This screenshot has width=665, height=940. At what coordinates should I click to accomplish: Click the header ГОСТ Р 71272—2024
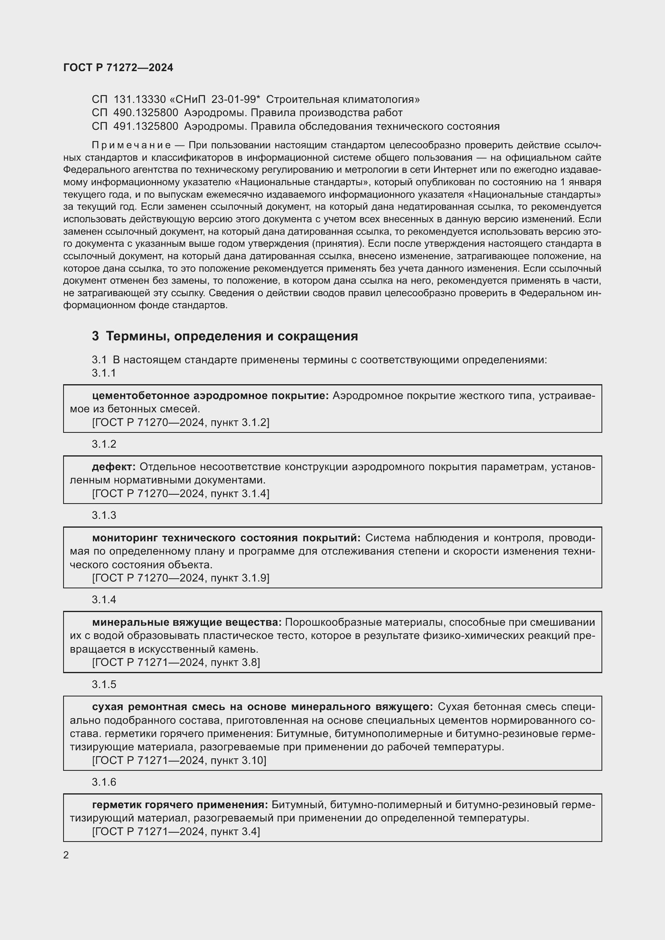pyautogui.click(x=118, y=68)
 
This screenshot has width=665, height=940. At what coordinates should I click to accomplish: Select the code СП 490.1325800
pyautogui.click(x=135, y=113)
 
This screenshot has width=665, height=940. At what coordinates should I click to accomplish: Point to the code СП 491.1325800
pyautogui.click(x=135, y=126)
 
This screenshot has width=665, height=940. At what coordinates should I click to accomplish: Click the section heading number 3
pyautogui.click(x=95, y=336)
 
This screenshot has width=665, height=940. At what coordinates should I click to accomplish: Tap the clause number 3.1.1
pyautogui.click(x=104, y=373)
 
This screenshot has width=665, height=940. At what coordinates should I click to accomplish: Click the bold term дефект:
pyautogui.click(x=114, y=467)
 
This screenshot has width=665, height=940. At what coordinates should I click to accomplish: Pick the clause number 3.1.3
pyautogui.click(x=104, y=516)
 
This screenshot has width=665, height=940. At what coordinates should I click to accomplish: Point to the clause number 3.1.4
pyautogui.click(x=104, y=600)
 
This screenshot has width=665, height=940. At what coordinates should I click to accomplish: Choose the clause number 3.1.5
pyautogui.click(x=104, y=684)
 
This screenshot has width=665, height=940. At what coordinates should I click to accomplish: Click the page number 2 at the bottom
pyautogui.click(x=66, y=855)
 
